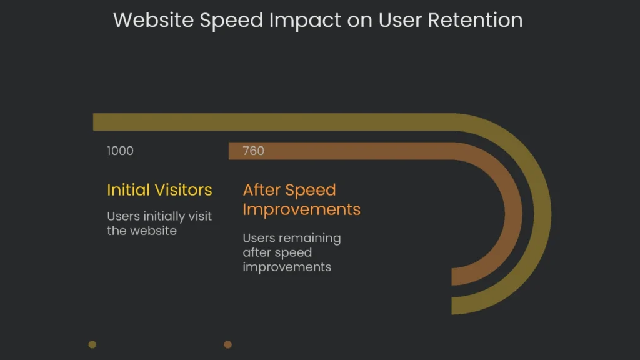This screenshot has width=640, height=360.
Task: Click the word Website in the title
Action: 152,20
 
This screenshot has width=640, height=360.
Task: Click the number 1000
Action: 120,151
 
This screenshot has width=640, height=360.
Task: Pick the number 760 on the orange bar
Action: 253,151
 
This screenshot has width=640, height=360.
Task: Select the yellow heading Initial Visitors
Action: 159,190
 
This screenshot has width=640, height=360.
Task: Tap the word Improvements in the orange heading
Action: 301,209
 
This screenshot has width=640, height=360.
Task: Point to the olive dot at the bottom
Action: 92,344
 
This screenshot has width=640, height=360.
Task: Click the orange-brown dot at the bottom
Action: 228,344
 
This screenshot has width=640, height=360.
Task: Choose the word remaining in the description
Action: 310,238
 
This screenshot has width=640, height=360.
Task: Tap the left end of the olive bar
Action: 97,122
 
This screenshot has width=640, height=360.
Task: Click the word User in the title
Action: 402,20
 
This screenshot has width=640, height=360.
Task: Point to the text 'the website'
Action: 142,231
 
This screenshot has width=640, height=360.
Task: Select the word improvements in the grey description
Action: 287,267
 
